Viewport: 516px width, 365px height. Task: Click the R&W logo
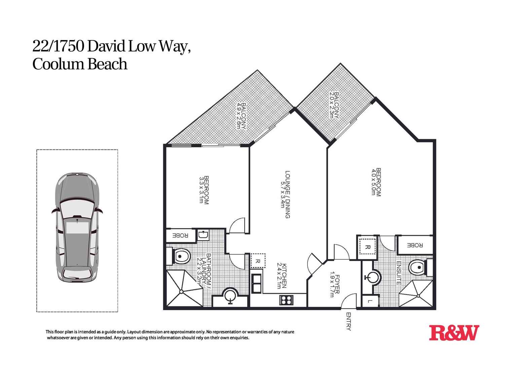click(x=454, y=333)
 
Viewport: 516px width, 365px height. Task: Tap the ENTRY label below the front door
click(x=348, y=321)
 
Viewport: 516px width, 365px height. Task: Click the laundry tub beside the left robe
click(x=203, y=235)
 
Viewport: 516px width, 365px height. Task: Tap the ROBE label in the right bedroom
click(x=415, y=245)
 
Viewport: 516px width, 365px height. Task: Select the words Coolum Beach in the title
click(x=80, y=64)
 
